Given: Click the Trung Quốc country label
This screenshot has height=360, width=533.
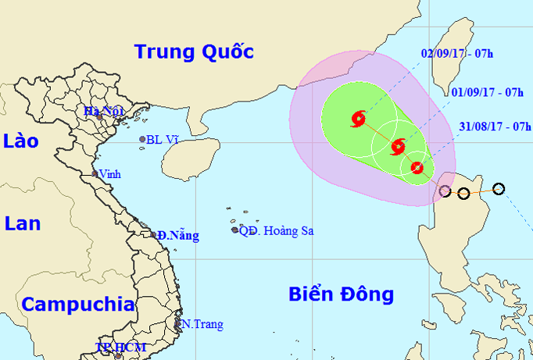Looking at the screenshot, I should pyautogui.click(x=194, y=52).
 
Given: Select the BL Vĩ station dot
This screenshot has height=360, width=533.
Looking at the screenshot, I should pyautogui.click(x=143, y=140).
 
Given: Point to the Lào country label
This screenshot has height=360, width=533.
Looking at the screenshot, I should pyautogui.click(x=21, y=141).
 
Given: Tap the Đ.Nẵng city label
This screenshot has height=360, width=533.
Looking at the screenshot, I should pyautogui.click(x=177, y=235).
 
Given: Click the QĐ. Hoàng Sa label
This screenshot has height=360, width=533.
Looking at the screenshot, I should pyautogui.click(x=276, y=230).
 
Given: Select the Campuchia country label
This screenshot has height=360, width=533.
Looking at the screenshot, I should pyautogui.click(x=77, y=304).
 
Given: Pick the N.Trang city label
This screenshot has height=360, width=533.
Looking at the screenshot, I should pyautogui.click(x=202, y=324).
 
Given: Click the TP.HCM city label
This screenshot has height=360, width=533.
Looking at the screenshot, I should pyautogui.click(x=114, y=347).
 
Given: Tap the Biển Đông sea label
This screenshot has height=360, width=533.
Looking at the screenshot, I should pyautogui.click(x=341, y=294).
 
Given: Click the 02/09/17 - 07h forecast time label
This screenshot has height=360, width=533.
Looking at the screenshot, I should pyautogui.click(x=456, y=54).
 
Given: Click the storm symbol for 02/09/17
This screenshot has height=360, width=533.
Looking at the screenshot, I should pyautogui.click(x=359, y=119).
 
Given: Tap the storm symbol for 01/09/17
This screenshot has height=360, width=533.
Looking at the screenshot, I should pyautogui.click(x=398, y=146).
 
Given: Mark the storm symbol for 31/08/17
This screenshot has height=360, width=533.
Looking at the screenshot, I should pyautogui.click(x=417, y=167).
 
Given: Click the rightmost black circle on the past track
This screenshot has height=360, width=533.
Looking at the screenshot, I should pyautogui.click(x=499, y=188).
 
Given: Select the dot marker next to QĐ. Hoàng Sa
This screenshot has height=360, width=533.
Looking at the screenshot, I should pyautogui.click(x=234, y=230).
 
